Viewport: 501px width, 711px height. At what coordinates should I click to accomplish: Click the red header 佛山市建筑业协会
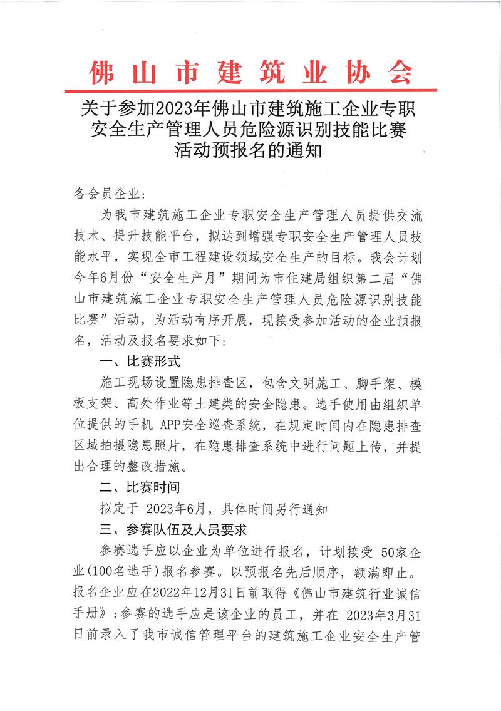[250, 72]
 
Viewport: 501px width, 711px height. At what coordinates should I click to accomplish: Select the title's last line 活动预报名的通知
[250, 152]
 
